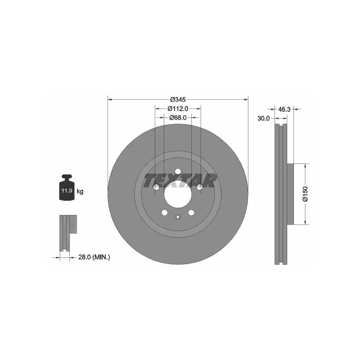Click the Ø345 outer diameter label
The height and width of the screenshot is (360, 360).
click(178, 99)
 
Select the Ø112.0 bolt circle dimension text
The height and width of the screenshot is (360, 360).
click(178, 108)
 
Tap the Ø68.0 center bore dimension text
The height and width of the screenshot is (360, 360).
click(178, 117)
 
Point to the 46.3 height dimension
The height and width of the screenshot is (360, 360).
click(284, 109)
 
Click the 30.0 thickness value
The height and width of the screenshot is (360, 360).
click(264, 118)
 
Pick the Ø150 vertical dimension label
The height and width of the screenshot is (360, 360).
click(306, 194)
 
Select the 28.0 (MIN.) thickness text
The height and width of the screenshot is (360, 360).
click(94, 257)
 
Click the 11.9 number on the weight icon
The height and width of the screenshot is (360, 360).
click(67, 190)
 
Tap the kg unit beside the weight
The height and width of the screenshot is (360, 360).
click(80, 191)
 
